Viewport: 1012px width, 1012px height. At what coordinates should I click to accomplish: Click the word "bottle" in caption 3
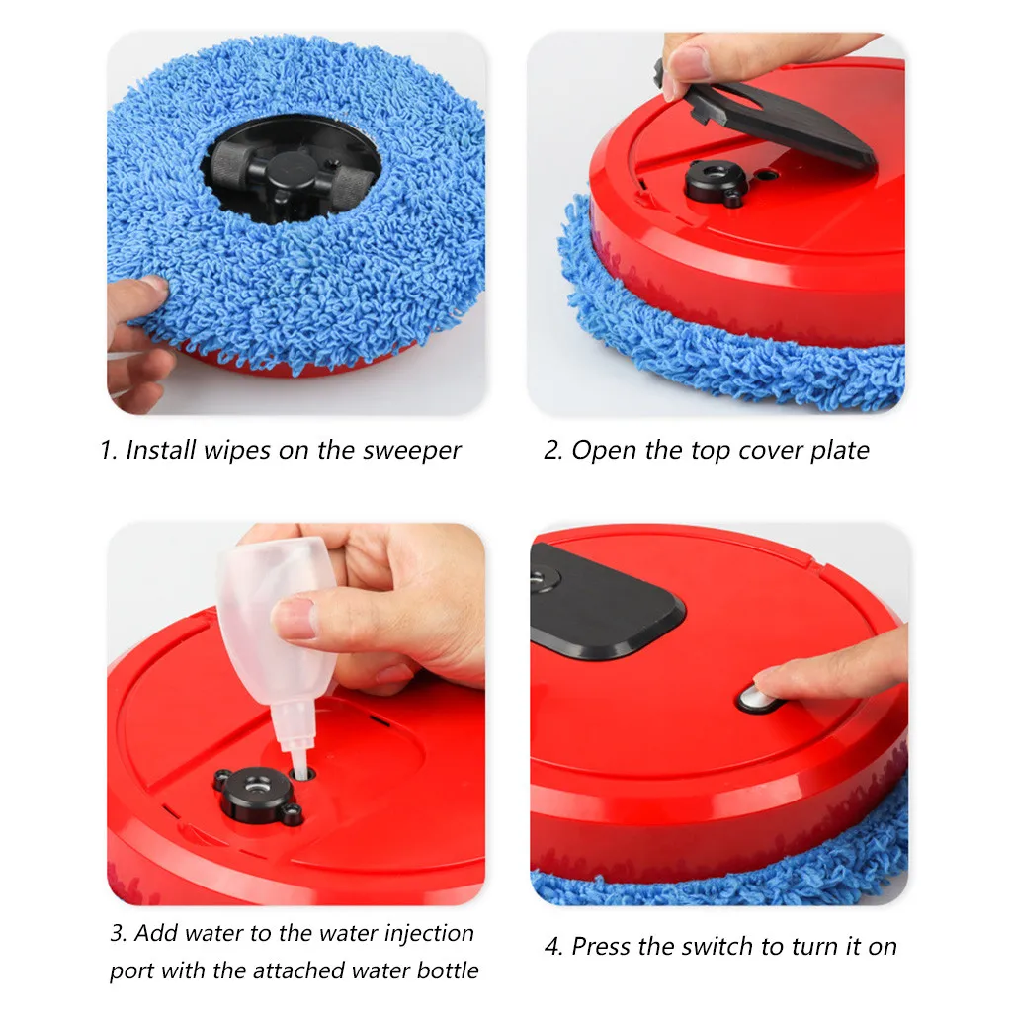[443, 970]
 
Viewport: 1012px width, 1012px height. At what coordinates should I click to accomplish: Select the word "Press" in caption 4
[601, 946]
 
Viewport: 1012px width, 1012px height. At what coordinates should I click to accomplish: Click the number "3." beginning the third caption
[119, 933]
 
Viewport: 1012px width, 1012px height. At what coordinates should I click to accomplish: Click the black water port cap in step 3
[254, 792]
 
